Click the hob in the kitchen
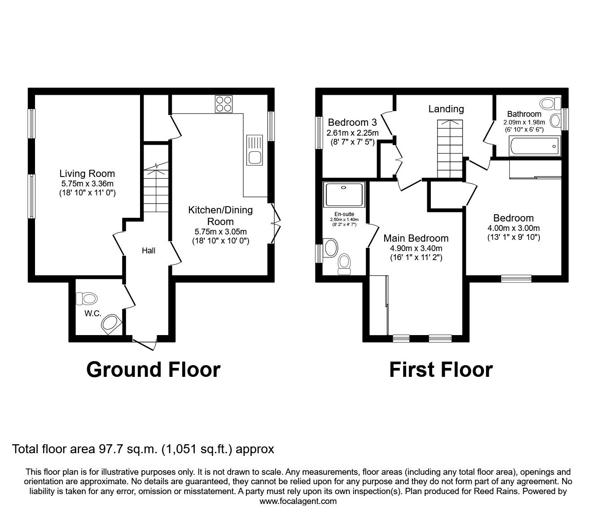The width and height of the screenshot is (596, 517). coord(223,104)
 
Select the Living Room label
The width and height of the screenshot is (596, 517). coord(87,173)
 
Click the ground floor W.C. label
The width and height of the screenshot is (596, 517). coord(92,314)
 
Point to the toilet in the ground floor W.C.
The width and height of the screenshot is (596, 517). coord(87,298)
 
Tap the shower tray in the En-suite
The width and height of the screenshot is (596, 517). coord(344,193)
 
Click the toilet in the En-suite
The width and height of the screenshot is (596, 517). coord(344,264)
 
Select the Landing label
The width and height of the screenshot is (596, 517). coord(446,109)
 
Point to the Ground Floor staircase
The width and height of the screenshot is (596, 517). coord(155,189)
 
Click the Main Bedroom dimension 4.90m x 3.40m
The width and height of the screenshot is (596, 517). coord(416,248)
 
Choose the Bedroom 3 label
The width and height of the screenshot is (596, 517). coord(352,122)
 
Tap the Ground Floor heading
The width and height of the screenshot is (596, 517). coord(153,369)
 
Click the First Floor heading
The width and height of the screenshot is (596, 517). coord(441,369)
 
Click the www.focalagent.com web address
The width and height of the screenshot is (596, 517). coord(298,501)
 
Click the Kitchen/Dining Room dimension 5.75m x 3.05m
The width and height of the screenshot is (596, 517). coord(220,232)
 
